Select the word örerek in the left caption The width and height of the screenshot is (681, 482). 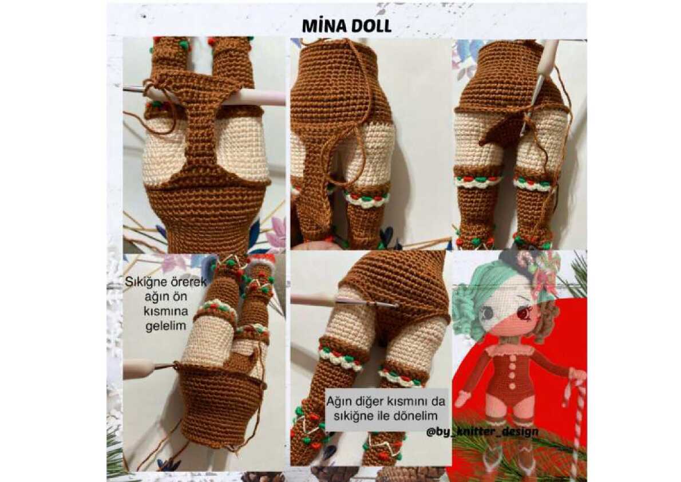point(188,282)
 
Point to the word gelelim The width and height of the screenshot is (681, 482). point(165,326)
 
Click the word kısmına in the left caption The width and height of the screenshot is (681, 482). point(166,311)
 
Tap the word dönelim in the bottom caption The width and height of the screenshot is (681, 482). point(415,416)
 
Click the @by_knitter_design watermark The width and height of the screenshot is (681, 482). point(482,432)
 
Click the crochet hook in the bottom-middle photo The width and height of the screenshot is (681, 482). point(344,301)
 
